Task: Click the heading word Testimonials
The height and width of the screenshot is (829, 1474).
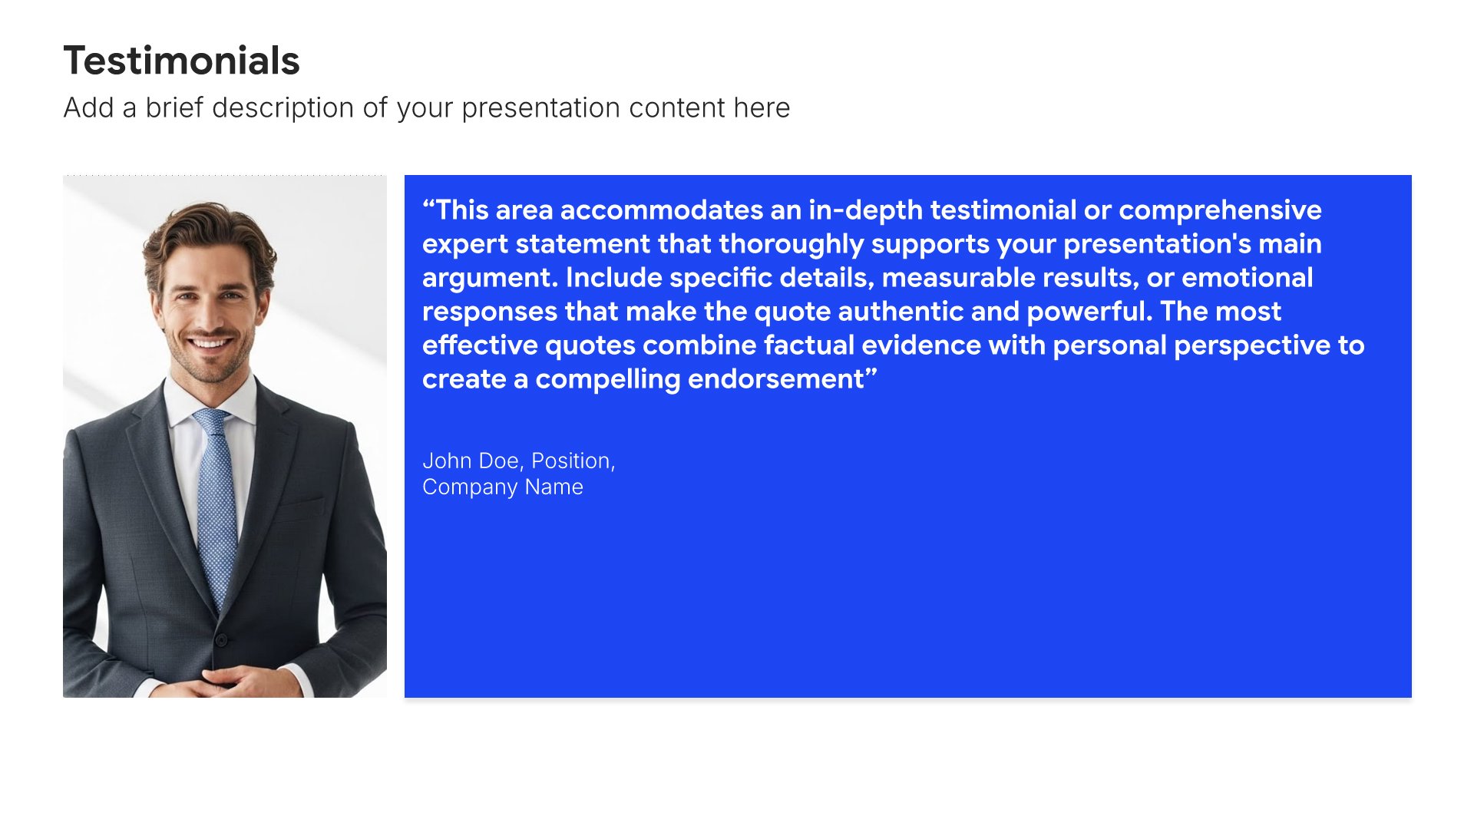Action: tap(181, 61)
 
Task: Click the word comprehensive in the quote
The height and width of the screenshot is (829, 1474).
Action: tap(1220, 211)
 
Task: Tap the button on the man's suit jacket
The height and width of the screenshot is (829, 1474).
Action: tap(220, 639)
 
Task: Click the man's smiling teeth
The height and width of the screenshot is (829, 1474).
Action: tap(210, 342)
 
